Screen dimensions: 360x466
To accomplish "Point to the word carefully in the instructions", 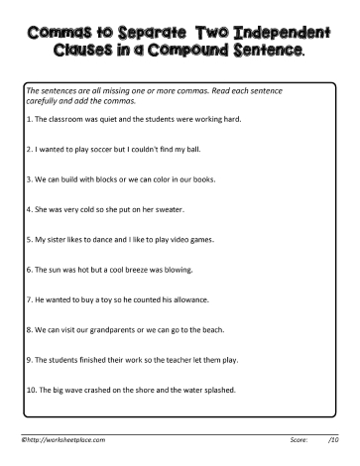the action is tap(45, 100).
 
